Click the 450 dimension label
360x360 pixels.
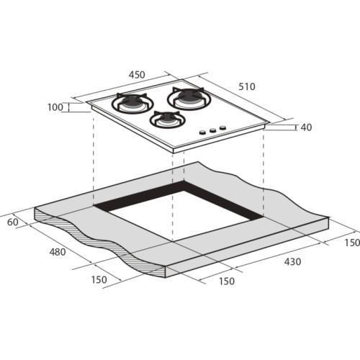coord(137,75)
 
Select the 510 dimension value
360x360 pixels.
coord(247,86)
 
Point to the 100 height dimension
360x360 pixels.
coord(55,107)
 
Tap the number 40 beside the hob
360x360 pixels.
coord(306,127)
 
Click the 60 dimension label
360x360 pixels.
coord(13,222)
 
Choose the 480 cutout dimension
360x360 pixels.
coord(58,252)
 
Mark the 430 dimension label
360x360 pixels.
coord(292,261)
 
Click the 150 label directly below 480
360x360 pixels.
coord(99,280)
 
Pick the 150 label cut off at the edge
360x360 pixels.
coord(352,243)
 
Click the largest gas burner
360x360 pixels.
coord(189,99)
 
